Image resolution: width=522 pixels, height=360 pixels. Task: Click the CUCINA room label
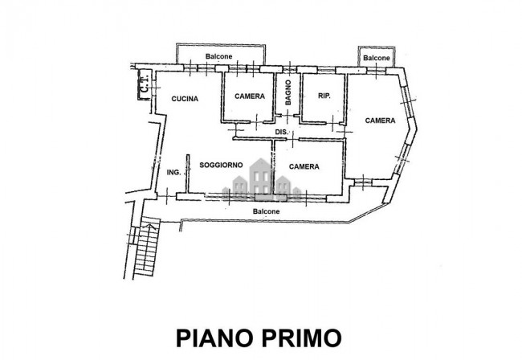(185, 99)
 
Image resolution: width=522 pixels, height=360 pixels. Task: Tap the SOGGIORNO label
(221, 165)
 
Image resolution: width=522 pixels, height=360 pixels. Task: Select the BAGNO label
(288, 92)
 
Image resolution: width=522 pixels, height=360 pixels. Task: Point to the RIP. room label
(324, 96)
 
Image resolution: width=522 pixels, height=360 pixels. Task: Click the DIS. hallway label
(282, 132)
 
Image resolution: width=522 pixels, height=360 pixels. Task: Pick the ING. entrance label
(173, 173)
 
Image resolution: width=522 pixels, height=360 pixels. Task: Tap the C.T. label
(145, 84)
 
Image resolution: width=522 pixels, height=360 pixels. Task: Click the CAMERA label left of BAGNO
(250, 96)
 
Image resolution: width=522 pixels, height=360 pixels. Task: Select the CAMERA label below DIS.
(304, 166)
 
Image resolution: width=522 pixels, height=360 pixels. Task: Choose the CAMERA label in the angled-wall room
(380, 121)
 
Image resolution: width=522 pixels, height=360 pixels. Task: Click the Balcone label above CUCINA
(218, 56)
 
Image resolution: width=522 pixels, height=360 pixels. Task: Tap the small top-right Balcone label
(377, 58)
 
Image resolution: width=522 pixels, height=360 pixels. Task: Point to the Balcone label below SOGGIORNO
(267, 211)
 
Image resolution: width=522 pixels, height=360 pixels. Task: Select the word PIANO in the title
(214, 338)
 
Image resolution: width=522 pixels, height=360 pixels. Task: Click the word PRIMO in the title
(302, 338)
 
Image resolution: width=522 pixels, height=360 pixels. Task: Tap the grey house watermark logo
(261, 180)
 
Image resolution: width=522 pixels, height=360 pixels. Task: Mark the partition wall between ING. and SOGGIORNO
(188, 174)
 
